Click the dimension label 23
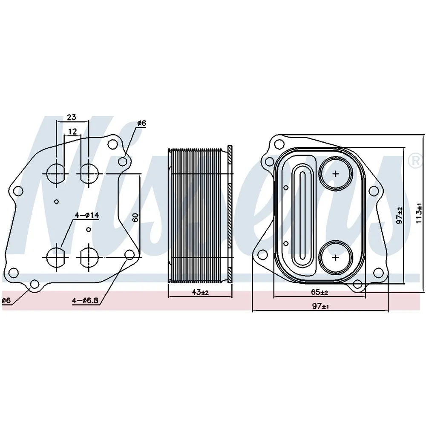[x=72, y=118]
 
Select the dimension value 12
[x=72, y=132]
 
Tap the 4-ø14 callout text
[x=87, y=216]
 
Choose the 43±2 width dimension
[x=200, y=292]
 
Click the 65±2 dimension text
[x=319, y=292]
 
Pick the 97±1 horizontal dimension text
[x=320, y=306]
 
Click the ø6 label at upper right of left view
[x=141, y=124]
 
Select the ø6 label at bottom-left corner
[x=6, y=300]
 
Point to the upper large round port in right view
[x=336, y=174]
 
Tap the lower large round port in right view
[x=336, y=257]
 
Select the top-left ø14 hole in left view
[x=56, y=173]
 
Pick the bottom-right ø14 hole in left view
[x=89, y=257]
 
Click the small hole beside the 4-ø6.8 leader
[x=130, y=255]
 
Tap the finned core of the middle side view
[x=198, y=216]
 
